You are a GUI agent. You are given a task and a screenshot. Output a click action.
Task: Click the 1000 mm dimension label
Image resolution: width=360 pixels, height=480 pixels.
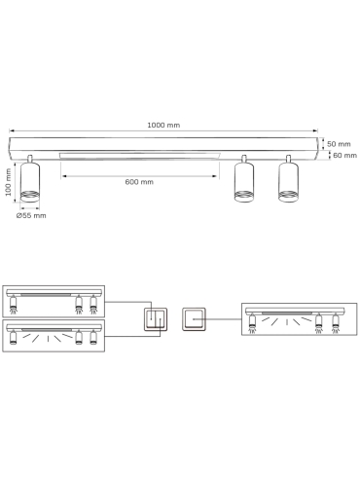163,125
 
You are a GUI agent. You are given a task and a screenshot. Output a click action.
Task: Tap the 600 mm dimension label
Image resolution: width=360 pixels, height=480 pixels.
139,182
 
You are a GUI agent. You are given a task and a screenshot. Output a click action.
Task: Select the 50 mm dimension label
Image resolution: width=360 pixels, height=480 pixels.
339,144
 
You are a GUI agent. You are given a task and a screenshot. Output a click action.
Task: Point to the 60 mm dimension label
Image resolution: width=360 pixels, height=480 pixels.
344,155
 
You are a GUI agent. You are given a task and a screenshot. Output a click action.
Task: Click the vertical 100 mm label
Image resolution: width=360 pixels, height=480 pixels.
8,182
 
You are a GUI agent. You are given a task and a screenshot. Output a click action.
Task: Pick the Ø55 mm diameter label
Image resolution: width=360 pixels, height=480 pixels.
31,215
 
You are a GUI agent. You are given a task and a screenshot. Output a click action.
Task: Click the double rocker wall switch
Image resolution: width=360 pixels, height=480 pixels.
156,319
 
